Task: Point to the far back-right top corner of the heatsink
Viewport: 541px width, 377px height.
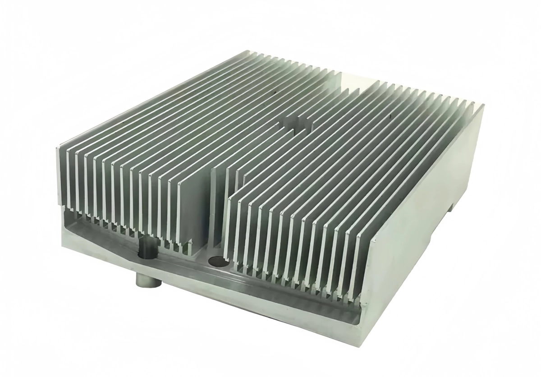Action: click(x=483, y=105)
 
